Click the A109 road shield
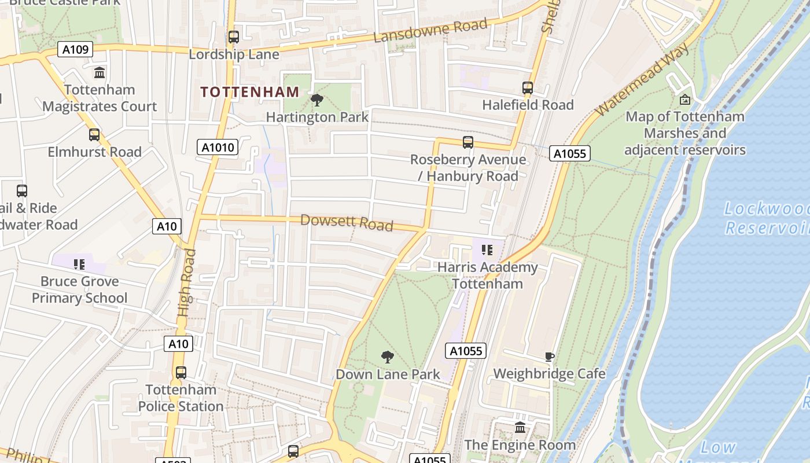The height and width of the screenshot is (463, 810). point(75,49)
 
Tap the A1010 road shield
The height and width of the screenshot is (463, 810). point(218,147)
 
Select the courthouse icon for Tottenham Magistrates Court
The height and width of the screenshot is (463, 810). point(100,73)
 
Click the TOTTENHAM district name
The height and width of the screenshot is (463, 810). point(250,91)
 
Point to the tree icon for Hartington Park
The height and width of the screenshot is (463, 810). point(317,100)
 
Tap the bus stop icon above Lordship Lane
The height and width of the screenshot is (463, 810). point(234,37)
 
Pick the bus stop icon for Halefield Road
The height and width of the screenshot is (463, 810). point(528,88)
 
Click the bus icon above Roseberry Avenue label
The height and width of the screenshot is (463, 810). point(468,142)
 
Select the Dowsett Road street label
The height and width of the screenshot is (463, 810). point(347,222)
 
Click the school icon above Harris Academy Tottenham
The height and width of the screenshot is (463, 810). point(487,250)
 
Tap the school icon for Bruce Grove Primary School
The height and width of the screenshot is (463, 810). point(79,264)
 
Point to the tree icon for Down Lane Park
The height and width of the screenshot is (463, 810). point(388,357)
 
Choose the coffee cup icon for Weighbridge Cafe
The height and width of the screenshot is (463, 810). point(549,357)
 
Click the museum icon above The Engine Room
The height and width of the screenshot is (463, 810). point(520,428)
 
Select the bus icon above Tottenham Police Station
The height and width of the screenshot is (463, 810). point(181,373)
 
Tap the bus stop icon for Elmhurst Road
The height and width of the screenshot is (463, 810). point(94,135)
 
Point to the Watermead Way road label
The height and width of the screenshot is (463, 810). point(642,79)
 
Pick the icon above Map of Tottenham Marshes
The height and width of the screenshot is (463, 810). point(685,100)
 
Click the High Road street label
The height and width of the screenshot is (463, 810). point(185,282)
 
